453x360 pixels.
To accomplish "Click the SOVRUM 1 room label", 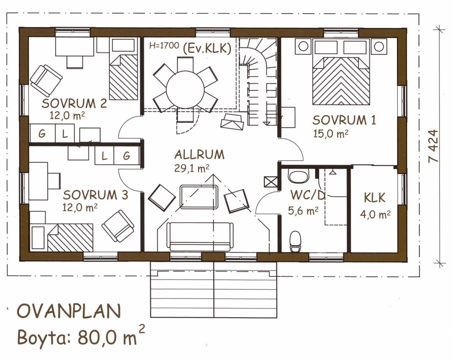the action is pyautogui.click(x=344, y=120).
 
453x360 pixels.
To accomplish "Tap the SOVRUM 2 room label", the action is pyautogui.click(x=74, y=104).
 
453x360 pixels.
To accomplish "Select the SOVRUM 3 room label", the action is pyautogui.click(x=95, y=195).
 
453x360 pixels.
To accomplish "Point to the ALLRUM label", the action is pyautogui.click(x=200, y=155).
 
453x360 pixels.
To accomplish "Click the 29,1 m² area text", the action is pyautogui.click(x=192, y=168).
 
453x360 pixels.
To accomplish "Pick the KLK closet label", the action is pyautogui.click(x=375, y=198).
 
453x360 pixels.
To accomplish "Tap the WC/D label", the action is pyautogui.click(x=308, y=195).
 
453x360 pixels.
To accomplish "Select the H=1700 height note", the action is pyautogui.click(x=164, y=46).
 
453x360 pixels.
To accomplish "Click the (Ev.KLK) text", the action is pyautogui.click(x=207, y=48).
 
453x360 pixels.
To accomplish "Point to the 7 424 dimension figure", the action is pyautogui.click(x=434, y=146).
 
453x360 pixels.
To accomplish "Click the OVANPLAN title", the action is pyautogui.click(x=69, y=312).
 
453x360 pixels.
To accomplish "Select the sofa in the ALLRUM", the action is pyautogui.click(x=201, y=237).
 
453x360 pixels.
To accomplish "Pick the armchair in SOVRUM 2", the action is pyautogui.click(x=46, y=80).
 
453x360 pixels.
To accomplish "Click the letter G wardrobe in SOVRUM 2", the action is pyautogui.click(x=42, y=133).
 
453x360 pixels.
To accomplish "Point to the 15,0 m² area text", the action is pyautogui.click(x=331, y=134).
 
